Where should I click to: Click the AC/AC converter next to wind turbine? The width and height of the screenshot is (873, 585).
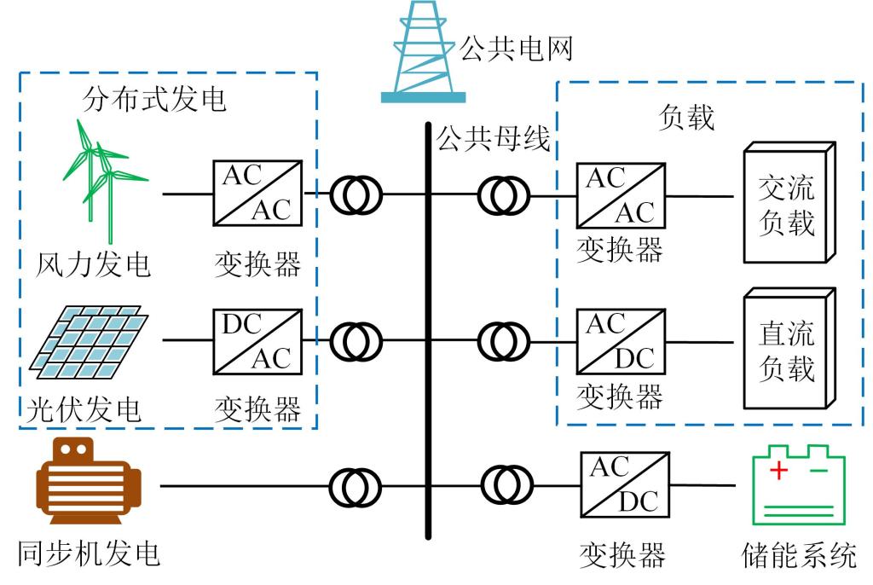coord(257,193)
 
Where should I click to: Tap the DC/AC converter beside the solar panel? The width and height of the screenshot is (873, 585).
coord(257,341)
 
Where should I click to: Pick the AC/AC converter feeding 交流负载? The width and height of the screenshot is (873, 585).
coord(621,196)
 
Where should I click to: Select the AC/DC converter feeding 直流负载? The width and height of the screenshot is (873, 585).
coord(621,341)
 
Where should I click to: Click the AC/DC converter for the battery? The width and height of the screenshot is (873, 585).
coord(624,484)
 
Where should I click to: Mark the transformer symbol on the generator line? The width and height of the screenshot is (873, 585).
coord(356,486)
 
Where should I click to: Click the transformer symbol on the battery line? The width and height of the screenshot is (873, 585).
coord(506,484)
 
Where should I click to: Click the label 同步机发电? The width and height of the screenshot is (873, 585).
coord(89,554)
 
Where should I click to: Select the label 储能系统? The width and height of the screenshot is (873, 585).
coord(799,556)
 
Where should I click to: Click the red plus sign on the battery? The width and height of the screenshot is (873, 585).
coord(778,470)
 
